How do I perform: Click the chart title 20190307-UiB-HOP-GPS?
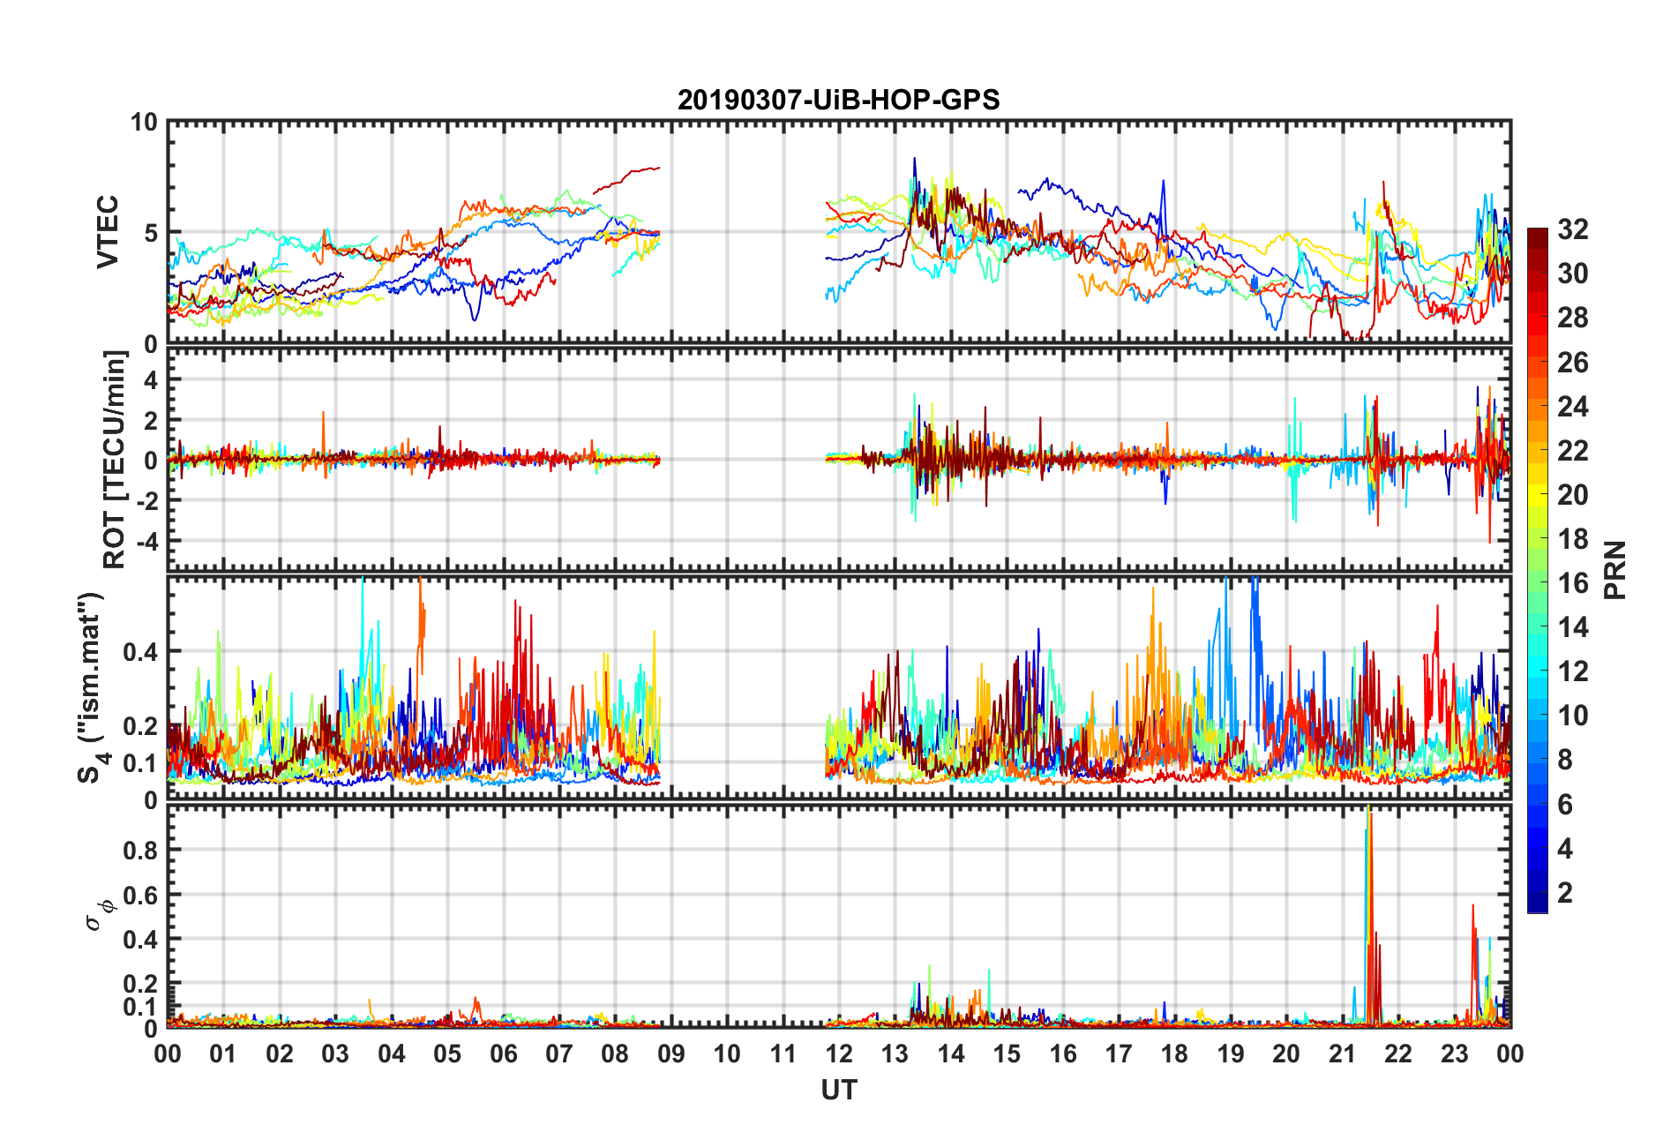pyautogui.click(x=838, y=100)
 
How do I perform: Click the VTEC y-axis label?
pyautogui.click(x=108, y=232)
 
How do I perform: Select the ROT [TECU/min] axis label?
pyautogui.click(x=115, y=459)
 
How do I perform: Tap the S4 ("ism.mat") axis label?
pyautogui.click(x=91, y=687)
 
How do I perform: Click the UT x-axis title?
pyautogui.click(x=838, y=1091)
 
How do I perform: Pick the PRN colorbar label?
pyautogui.click(x=1615, y=570)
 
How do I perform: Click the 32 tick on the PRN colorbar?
pyautogui.click(x=1572, y=229)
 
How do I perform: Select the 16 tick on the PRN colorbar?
pyautogui.click(x=1572, y=583)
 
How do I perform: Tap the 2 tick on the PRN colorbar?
pyautogui.click(x=1565, y=893)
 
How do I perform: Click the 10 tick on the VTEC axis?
pyautogui.click(x=144, y=123)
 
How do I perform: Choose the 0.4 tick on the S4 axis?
pyautogui.click(x=139, y=652)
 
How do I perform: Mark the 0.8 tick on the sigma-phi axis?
pyautogui.click(x=139, y=851)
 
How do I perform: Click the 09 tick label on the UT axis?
pyautogui.click(x=670, y=1054)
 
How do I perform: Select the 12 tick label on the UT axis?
pyautogui.click(x=839, y=1054)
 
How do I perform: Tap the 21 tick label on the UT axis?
pyautogui.click(x=1342, y=1054)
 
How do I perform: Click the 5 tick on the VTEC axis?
pyautogui.click(x=150, y=233)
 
